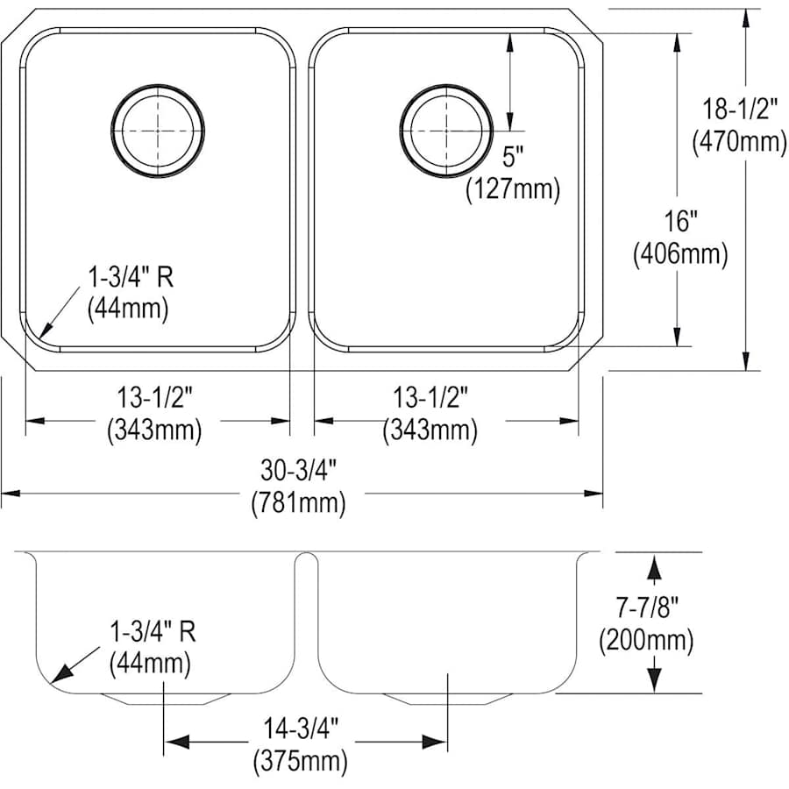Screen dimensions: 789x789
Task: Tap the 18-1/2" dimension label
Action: click(736, 109)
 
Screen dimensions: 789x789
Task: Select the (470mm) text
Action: click(739, 141)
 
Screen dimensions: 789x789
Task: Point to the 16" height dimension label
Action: click(681, 221)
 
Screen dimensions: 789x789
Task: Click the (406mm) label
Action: click(680, 253)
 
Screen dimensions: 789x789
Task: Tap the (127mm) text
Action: click(513, 189)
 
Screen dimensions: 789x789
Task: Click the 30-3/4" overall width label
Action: click(298, 471)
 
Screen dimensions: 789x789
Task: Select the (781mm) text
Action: click(298, 503)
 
